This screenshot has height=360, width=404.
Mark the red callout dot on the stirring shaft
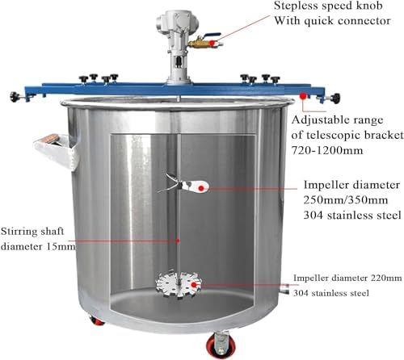177,241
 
